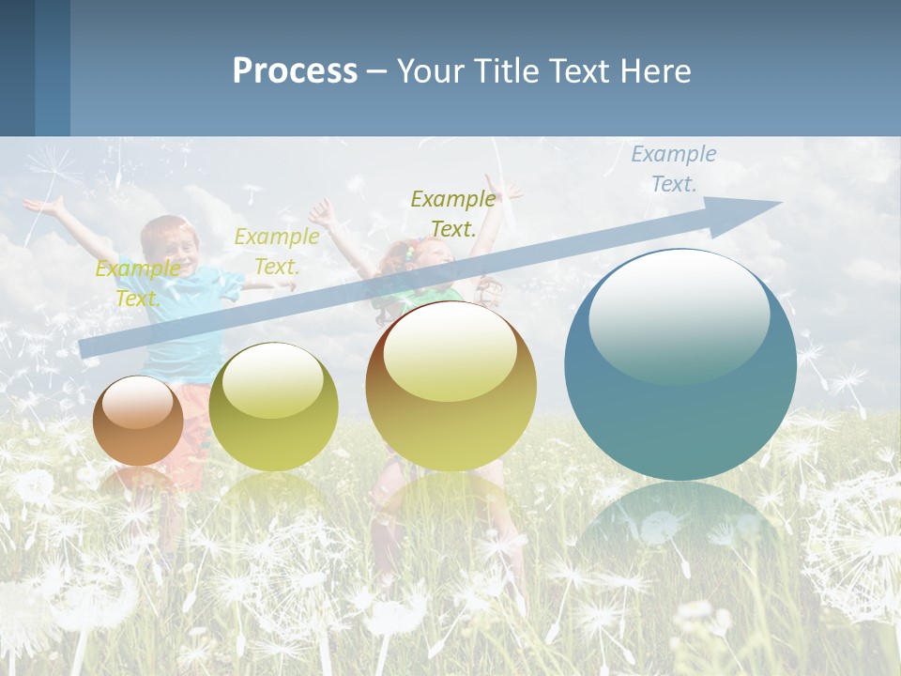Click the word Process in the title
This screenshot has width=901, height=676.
point(295,71)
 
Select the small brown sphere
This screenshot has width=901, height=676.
point(138,422)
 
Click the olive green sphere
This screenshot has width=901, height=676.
point(273,408)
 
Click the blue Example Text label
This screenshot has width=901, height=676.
point(673,169)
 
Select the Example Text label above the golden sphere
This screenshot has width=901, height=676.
point(453,214)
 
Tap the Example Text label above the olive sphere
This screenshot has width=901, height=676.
point(277,252)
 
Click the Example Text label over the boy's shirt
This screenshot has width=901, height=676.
point(138,284)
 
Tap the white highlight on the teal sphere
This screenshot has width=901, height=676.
point(679,315)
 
